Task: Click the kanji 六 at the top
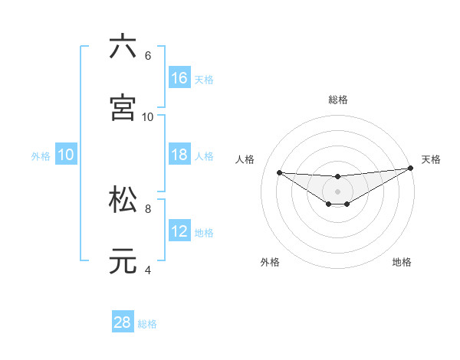(123, 47)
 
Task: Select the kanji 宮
(123, 107)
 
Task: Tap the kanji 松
(123, 198)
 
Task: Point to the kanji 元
(123, 260)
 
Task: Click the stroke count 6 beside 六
(148, 56)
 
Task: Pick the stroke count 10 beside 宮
(148, 117)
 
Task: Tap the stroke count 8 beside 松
(148, 208)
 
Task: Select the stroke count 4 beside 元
(148, 270)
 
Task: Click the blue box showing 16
(179, 78)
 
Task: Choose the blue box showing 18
(179, 155)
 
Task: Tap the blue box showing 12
(179, 231)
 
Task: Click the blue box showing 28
(123, 322)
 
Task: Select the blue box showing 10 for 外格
(66, 155)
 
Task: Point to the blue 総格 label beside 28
(147, 324)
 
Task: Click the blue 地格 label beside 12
(204, 233)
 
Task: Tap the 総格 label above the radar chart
(337, 100)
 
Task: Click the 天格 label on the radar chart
(431, 159)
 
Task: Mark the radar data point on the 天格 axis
(411, 168)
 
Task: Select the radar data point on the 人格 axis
(279, 172)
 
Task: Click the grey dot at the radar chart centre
(337, 191)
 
